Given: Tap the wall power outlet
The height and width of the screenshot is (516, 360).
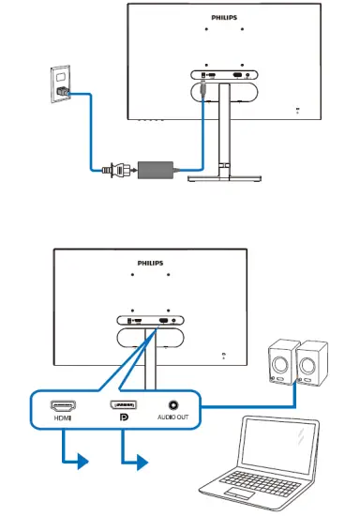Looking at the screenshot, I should (62, 83).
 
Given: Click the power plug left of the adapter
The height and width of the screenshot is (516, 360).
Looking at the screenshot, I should (114, 170).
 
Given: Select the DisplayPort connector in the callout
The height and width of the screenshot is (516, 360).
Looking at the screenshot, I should (122, 406).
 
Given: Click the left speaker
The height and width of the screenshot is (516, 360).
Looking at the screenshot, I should (280, 362).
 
